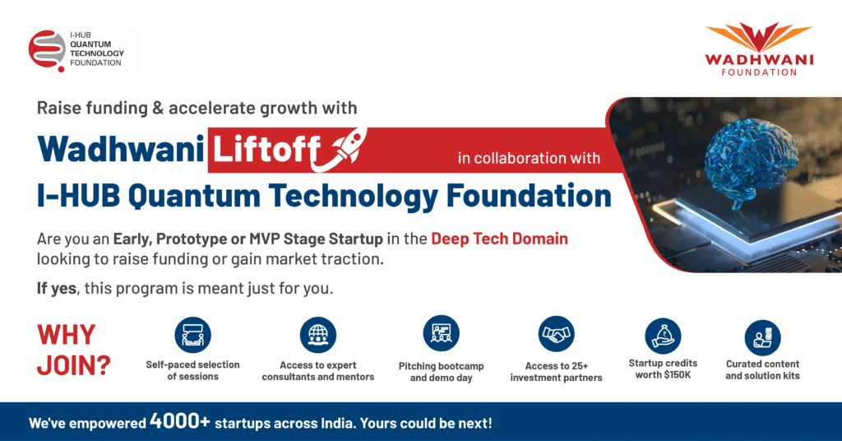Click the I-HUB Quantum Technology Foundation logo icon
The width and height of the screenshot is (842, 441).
click(x=47, y=50)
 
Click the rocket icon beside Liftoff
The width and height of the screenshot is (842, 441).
click(x=343, y=149)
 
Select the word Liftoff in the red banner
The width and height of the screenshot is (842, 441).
click(x=266, y=149)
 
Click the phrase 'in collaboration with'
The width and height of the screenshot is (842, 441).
click(x=529, y=158)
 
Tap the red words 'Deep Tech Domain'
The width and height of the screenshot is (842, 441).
click(x=499, y=239)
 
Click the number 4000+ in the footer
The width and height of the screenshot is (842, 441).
click(x=180, y=421)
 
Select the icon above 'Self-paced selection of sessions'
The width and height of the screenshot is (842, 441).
click(x=192, y=335)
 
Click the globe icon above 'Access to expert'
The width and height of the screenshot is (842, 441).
click(x=318, y=335)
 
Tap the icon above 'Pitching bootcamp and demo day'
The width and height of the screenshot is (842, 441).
click(x=441, y=333)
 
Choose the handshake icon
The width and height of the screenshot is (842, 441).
click(x=557, y=334)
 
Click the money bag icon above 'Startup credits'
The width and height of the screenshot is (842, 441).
click(x=664, y=337)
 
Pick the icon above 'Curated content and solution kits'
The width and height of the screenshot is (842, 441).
click(x=762, y=338)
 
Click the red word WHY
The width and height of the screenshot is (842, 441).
click(x=66, y=335)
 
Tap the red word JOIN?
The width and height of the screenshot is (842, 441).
click(x=73, y=366)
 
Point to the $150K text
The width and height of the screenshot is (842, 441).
click(x=678, y=375)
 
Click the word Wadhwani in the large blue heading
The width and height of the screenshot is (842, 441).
click(x=121, y=149)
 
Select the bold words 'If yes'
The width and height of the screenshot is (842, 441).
click(x=57, y=289)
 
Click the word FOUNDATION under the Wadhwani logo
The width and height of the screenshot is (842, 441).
click(x=759, y=72)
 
